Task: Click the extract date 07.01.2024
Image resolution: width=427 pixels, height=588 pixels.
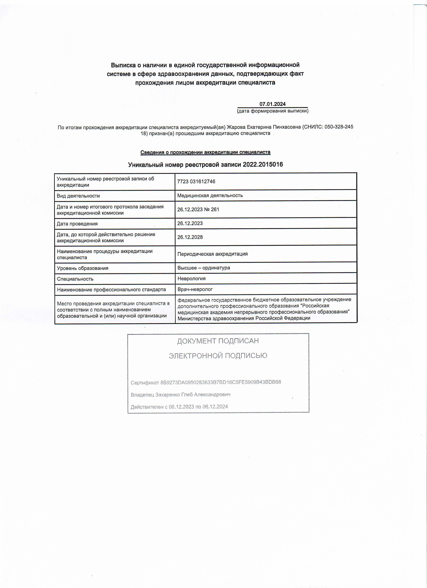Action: (x=272, y=104)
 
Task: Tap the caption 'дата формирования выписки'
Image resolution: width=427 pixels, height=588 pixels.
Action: (x=272, y=111)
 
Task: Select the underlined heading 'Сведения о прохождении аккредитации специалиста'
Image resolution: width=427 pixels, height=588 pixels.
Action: (x=205, y=152)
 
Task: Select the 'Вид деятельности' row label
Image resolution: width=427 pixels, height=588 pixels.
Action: (x=78, y=196)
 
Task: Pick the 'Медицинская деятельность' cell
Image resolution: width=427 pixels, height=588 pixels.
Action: (x=210, y=196)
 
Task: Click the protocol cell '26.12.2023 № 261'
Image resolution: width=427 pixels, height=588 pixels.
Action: (x=198, y=209)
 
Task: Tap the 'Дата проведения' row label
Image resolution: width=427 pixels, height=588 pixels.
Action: (x=77, y=224)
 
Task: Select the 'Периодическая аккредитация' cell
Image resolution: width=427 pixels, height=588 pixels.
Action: (x=212, y=254)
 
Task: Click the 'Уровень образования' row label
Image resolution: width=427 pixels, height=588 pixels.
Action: (x=83, y=268)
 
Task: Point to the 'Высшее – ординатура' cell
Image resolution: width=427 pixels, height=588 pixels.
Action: (x=203, y=268)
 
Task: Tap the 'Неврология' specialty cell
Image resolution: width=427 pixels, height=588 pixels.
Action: (x=191, y=279)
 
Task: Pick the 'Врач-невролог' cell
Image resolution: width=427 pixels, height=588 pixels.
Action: (x=195, y=289)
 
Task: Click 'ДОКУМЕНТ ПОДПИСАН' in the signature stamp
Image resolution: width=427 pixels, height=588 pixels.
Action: (x=218, y=341)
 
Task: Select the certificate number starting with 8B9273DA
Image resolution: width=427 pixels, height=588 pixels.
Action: (x=221, y=382)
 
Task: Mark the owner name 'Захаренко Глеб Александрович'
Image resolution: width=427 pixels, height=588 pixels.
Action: (x=193, y=395)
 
